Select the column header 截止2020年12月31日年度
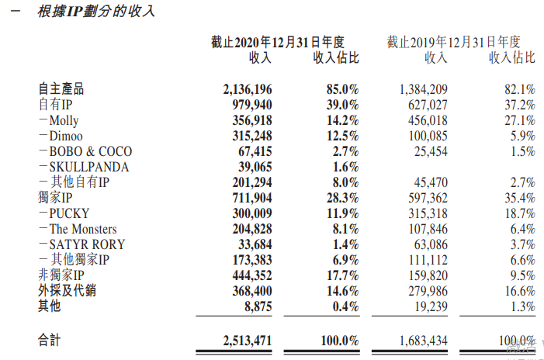277,42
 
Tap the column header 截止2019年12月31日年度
453,42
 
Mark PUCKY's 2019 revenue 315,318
423,213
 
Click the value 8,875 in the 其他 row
256,306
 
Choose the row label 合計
49,341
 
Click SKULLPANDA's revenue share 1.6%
345,167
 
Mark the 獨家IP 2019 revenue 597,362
423,198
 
